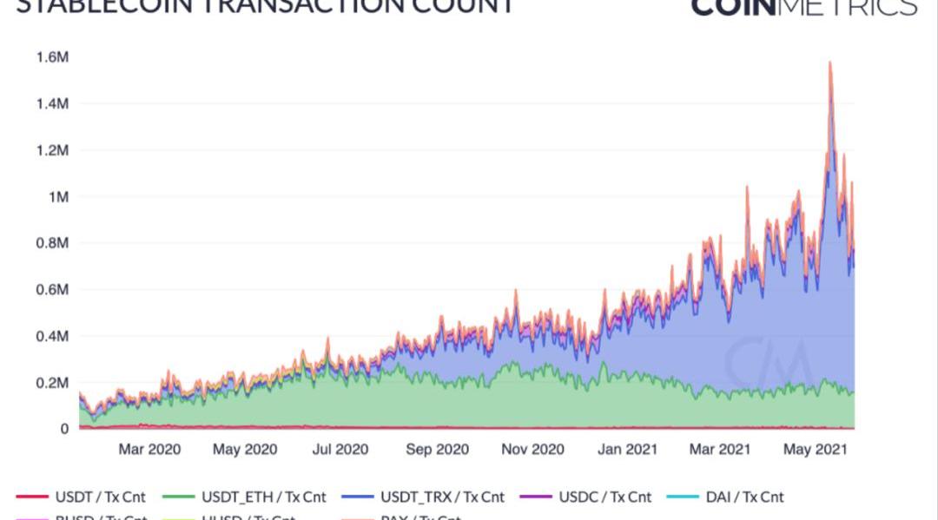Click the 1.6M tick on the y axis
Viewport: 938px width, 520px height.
[x=53, y=57]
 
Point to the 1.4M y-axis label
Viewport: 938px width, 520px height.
[x=53, y=104]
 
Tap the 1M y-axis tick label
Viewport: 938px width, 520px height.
[x=59, y=197]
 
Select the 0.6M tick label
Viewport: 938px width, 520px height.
[x=53, y=290]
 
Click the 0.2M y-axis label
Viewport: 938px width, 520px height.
[x=53, y=383]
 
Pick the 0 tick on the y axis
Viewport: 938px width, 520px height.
[x=64, y=429]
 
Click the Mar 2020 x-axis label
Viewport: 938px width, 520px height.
[x=149, y=450]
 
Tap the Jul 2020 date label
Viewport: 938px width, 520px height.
[x=340, y=450]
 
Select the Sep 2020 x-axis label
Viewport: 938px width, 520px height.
[x=437, y=450]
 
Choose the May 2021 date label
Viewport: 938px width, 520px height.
[x=815, y=450]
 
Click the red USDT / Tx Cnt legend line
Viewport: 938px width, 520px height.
[x=32, y=497]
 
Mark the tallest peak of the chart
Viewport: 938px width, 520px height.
[x=830, y=63]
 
